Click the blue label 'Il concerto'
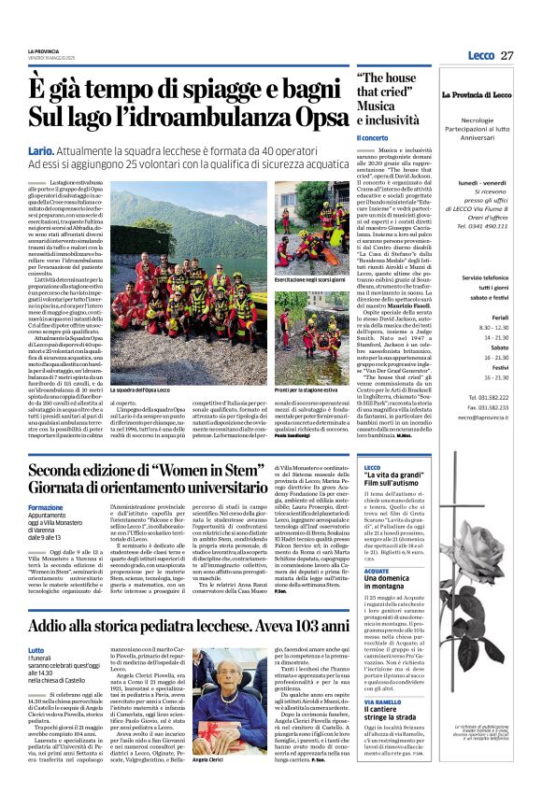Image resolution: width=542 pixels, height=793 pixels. pos(372,137)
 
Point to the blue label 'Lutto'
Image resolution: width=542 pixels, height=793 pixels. pos(36,649)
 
